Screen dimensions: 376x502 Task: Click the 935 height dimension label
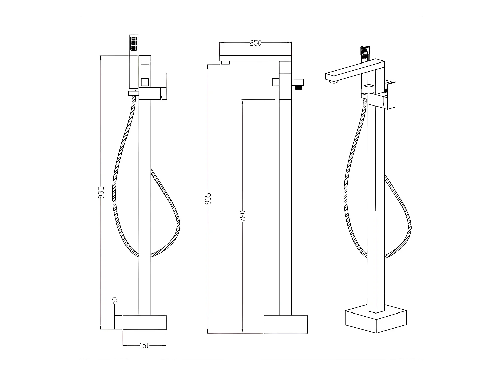point(101,192)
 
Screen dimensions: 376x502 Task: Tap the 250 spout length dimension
point(255,43)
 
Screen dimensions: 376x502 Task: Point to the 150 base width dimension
point(144,346)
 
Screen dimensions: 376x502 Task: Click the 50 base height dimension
point(115,300)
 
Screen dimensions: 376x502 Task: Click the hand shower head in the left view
point(134,43)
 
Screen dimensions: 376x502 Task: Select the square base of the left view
point(145,322)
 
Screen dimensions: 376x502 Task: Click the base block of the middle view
point(285,324)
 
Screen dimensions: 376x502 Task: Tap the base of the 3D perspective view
point(376,321)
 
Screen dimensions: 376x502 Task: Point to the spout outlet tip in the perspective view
point(333,81)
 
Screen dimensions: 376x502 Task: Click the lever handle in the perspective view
point(392,95)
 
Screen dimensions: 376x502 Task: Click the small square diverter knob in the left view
point(145,82)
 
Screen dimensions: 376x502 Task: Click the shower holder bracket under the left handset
point(134,93)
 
